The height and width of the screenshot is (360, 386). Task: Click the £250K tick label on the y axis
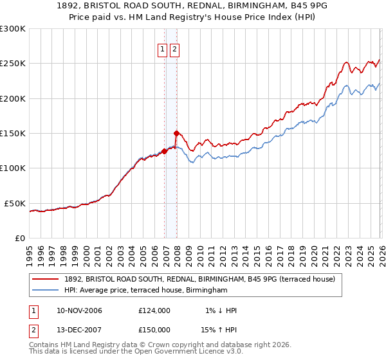click(x=12, y=64)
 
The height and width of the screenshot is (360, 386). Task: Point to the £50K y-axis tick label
click(x=15, y=203)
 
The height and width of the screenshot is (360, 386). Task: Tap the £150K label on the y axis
click(x=12, y=134)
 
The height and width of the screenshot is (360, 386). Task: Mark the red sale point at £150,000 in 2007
click(x=176, y=133)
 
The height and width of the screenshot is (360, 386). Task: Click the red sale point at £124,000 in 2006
click(x=164, y=152)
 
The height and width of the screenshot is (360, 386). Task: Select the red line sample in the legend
click(x=46, y=280)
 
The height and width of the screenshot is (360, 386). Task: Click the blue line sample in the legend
click(x=46, y=291)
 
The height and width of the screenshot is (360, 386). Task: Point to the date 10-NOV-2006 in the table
click(x=79, y=310)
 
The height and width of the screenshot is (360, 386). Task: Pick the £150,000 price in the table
click(x=154, y=330)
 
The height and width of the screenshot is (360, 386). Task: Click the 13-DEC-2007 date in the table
click(x=79, y=330)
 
